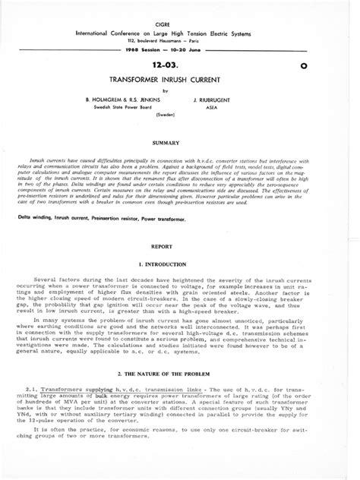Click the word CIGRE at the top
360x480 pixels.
point(179,24)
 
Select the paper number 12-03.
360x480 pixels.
point(179,66)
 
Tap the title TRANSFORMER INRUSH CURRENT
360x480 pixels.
point(179,79)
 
